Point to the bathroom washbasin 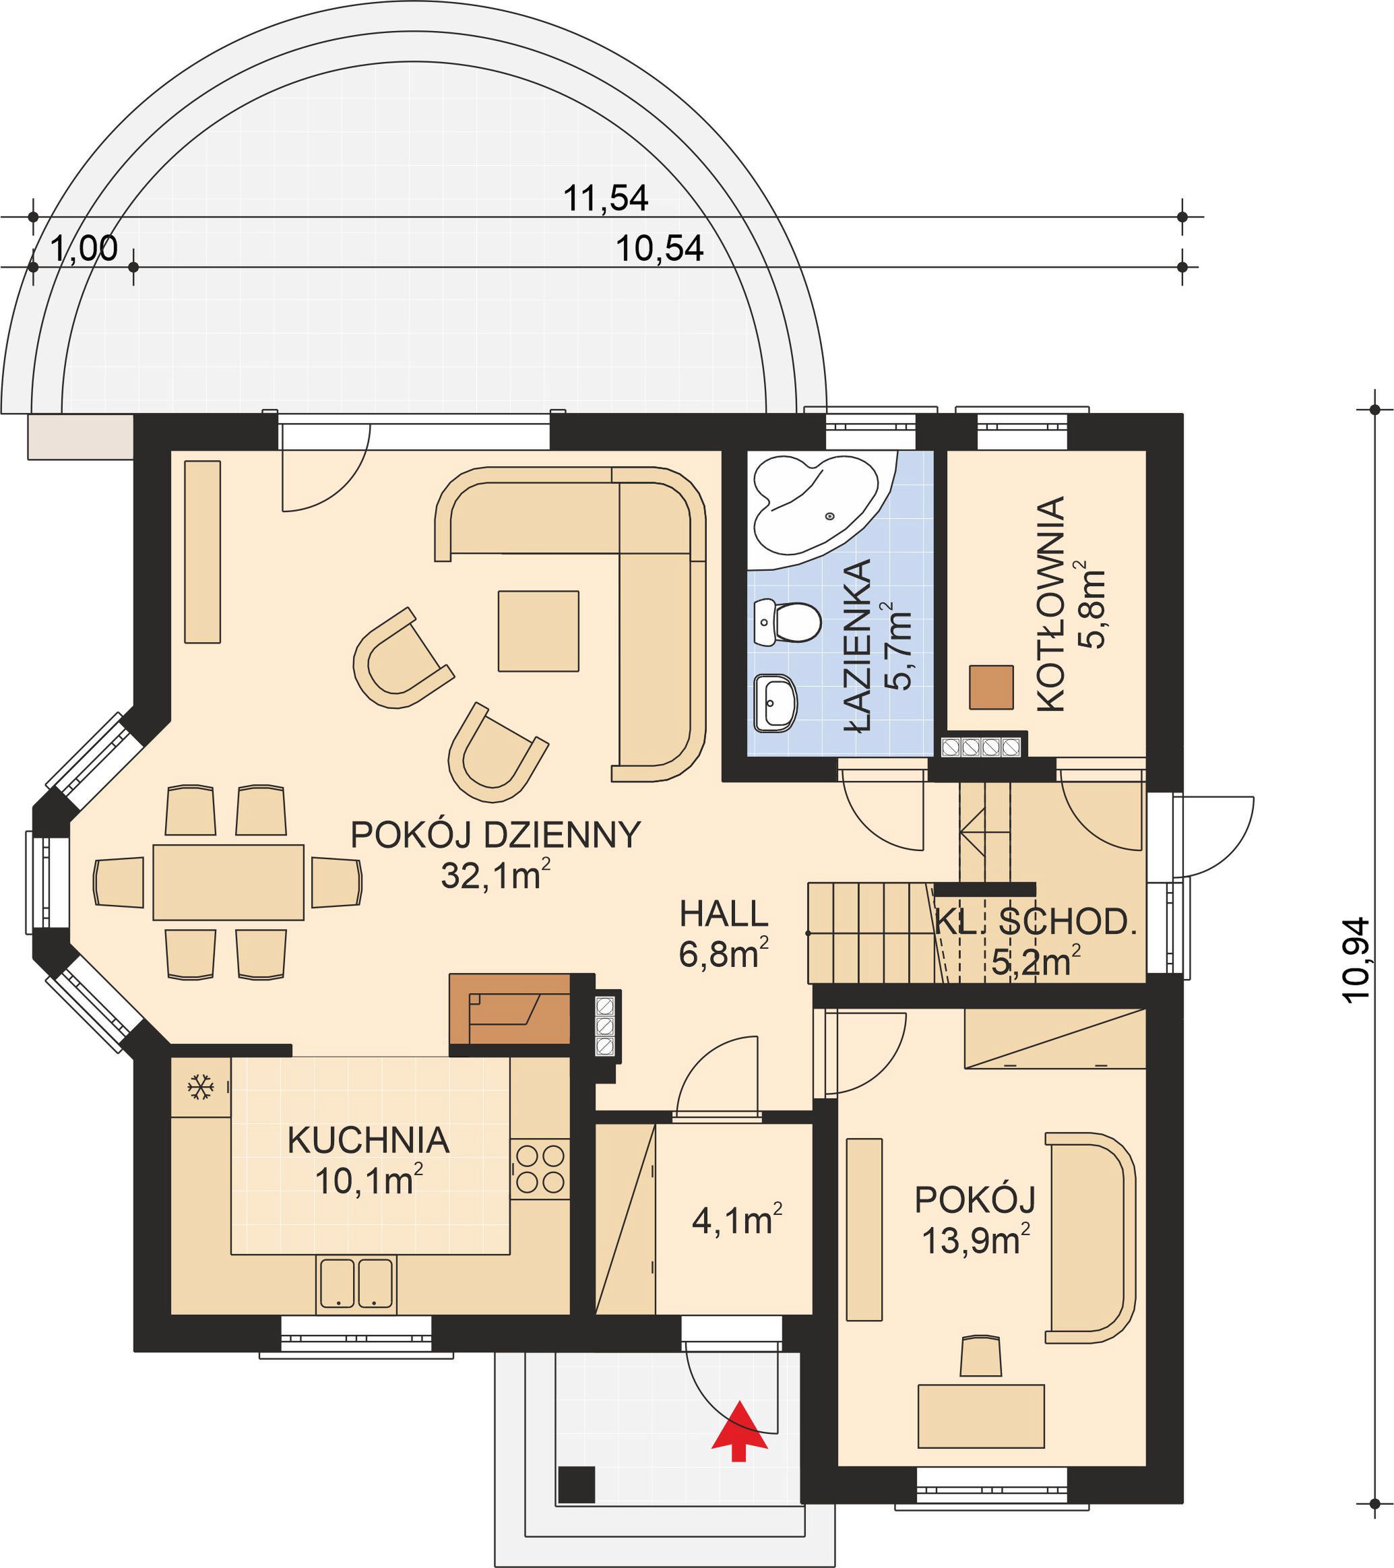click(775, 702)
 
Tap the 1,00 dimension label click(84, 248)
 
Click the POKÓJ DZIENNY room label click(495, 835)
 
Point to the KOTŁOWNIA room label click(1050, 604)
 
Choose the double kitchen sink click(356, 1282)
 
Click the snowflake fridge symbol click(200, 1087)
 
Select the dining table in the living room click(228, 882)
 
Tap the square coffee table click(538, 631)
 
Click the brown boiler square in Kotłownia click(991, 687)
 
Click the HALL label click(724, 914)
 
